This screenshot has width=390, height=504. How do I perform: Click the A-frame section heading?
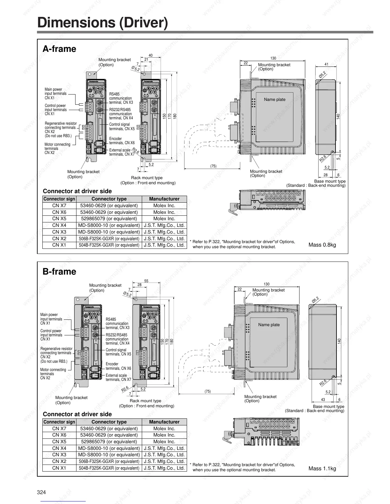tap(59, 49)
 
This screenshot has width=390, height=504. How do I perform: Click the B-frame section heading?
tap(59, 272)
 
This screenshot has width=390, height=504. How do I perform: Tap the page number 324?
tap(41, 492)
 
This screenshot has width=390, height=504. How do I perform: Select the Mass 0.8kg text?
tap(322, 245)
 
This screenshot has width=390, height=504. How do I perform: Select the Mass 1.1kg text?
tap(322, 468)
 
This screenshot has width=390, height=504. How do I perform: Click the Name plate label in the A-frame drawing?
tap(274, 100)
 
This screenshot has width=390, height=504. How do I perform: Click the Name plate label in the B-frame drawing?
tap(269, 325)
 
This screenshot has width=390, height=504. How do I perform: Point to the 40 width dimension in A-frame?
tap(151, 55)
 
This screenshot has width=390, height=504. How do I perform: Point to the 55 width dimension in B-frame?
tap(146, 281)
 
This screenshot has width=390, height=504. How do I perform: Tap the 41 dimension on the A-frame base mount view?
tap(326, 64)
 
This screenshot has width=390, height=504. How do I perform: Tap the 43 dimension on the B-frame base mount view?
tap(323, 400)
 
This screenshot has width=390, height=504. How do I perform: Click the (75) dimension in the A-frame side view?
tap(213, 166)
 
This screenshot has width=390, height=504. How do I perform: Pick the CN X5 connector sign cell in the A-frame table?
tap(59, 219)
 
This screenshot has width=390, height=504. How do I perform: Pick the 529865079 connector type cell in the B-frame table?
tap(109, 442)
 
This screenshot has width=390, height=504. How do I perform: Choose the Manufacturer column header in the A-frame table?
tap(164, 199)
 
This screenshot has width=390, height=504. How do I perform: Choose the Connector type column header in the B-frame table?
tap(109, 422)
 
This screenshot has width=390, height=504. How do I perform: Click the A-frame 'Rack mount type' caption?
tap(147, 178)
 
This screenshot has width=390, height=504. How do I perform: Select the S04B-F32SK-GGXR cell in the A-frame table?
tap(109, 245)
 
